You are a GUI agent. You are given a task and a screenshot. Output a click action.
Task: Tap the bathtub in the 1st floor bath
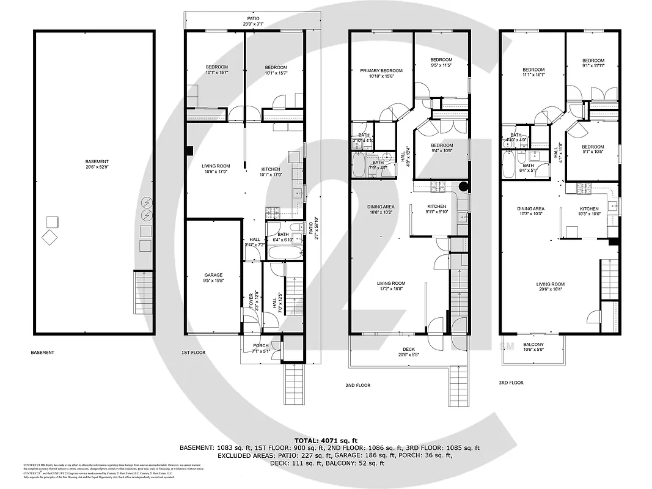[x=285, y=252]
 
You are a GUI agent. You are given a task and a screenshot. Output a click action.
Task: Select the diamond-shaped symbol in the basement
[x=49, y=238]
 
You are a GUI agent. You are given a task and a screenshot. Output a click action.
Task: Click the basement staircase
[x=142, y=293]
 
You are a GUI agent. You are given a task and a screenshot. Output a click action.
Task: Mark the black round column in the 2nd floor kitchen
[x=463, y=186]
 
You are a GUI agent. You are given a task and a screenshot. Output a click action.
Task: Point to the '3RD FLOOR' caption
[x=511, y=383]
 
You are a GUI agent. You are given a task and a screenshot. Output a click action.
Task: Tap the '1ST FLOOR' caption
[x=194, y=353]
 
